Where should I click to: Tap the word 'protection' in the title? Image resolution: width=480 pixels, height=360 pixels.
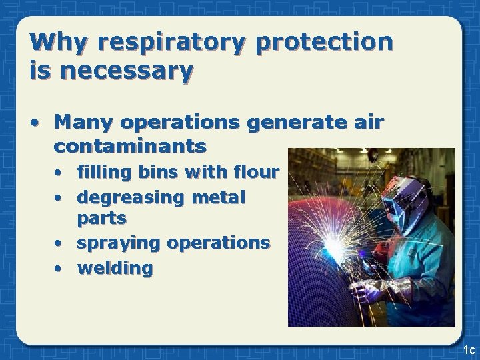point(324,43)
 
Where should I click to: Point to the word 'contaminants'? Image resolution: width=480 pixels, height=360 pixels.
point(131,145)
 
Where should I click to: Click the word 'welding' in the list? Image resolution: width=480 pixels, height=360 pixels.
point(115,268)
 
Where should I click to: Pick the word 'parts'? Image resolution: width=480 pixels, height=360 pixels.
point(102,218)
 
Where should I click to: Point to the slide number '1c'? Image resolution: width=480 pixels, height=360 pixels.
point(467,349)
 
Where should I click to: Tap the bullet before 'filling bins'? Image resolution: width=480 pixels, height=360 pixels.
point(59,173)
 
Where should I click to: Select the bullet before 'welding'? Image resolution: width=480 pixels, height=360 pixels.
point(59,269)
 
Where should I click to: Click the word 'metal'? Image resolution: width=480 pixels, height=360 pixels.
point(222,198)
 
